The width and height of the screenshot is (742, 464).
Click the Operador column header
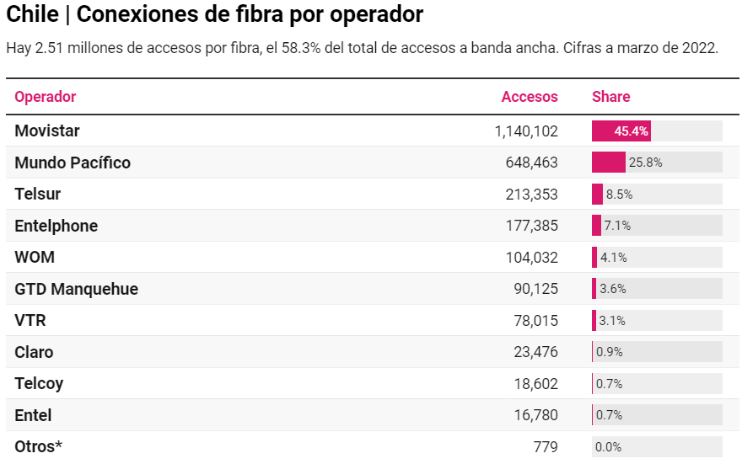46,97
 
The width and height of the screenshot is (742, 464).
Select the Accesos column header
530,97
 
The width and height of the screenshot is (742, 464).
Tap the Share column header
611,97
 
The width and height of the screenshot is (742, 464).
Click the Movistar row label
47,131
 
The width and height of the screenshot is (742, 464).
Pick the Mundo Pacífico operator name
73,163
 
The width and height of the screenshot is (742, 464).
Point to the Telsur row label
38,194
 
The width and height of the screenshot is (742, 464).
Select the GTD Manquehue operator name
77,289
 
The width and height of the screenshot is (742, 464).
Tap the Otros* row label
39,446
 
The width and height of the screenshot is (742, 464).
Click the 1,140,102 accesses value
526,131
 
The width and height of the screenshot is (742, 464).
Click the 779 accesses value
546,447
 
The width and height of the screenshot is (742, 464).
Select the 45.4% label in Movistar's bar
631,131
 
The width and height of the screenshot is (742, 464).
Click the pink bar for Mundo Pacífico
608,163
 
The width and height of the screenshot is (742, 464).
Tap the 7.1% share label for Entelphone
617,226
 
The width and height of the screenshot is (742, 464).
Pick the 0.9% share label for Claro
609,352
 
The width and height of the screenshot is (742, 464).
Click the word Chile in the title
32,14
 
